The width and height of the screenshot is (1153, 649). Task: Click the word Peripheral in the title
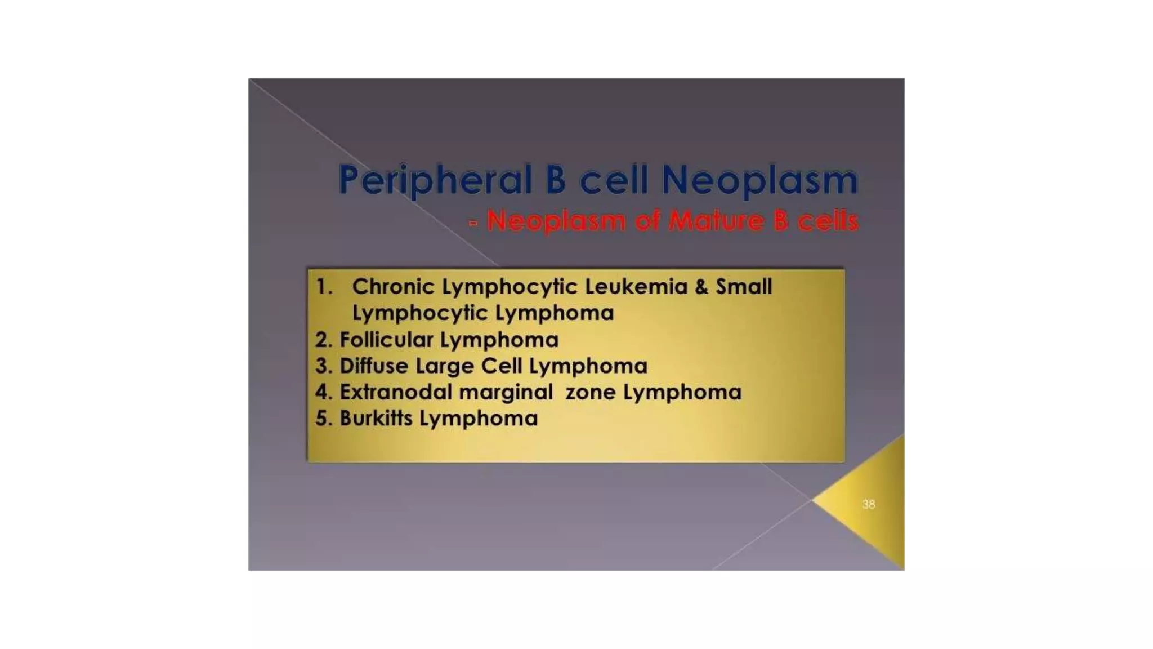tap(435, 180)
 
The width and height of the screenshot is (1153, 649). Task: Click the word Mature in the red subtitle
tap(716, 220)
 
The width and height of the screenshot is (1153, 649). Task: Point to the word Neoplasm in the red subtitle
tap(556, 221)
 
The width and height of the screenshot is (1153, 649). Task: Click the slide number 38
tap(868, 504)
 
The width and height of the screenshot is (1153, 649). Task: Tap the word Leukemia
tap(636, 287)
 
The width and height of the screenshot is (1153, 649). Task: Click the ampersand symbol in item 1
tap(701, 287)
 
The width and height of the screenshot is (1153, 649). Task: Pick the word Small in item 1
tap(744, 287)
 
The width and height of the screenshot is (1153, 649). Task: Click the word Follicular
tap(386, 340)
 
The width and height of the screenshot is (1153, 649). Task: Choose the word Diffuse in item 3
tap(374, 366)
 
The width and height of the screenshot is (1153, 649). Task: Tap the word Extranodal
tap(395, 392)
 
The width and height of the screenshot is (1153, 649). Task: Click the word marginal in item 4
tap(506, 393)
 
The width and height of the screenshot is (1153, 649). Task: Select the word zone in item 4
tap(590, 393)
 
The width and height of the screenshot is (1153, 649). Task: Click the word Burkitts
tap(376, 418)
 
